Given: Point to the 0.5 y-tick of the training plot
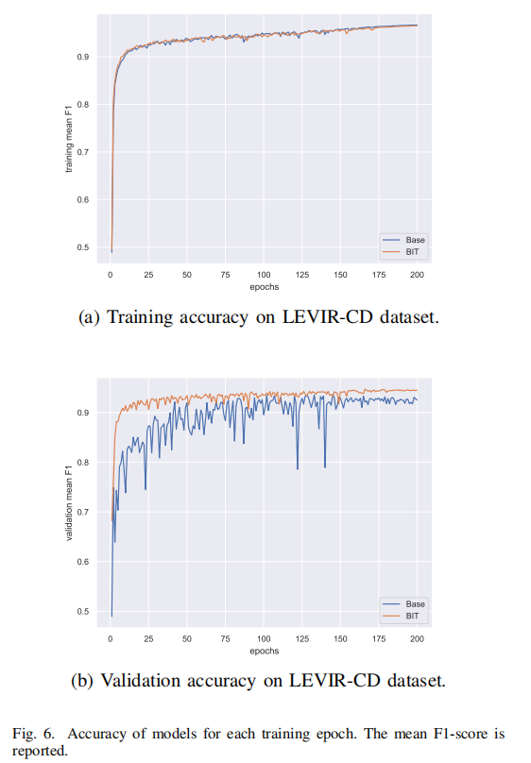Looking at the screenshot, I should coord(85,247).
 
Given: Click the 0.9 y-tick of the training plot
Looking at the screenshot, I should coord(85,58).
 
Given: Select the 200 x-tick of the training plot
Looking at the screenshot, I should coord(417,275).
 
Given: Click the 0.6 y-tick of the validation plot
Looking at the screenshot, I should coord(85,562).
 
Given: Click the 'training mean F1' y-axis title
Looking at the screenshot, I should coord(67,142).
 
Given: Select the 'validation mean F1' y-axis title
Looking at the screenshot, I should coord(67,505).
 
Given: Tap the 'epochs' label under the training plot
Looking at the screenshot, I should coord(264,286).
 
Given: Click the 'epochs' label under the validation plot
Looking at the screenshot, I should coord(264,651).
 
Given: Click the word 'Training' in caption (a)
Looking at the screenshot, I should coord(139,318).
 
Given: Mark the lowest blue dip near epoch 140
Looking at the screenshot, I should coord(325,467).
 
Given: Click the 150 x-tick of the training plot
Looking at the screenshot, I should coord(340,275).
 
